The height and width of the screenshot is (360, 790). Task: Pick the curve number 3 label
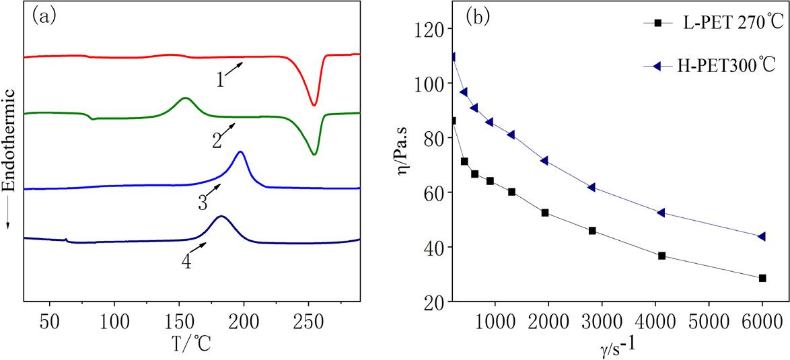(x=203, y=203)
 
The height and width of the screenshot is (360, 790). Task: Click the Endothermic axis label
(x=9, y=172)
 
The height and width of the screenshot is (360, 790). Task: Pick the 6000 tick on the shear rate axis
(x=762, y=316)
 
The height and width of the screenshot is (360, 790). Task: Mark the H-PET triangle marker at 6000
(x=762, y=236)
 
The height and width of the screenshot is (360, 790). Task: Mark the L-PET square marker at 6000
(x=762, y=278)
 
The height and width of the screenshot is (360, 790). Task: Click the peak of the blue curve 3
(x=240, y=152)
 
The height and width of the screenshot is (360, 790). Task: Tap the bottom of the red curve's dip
(x=314, y=105)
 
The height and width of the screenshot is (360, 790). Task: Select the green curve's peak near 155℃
(x=184, y=98)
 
